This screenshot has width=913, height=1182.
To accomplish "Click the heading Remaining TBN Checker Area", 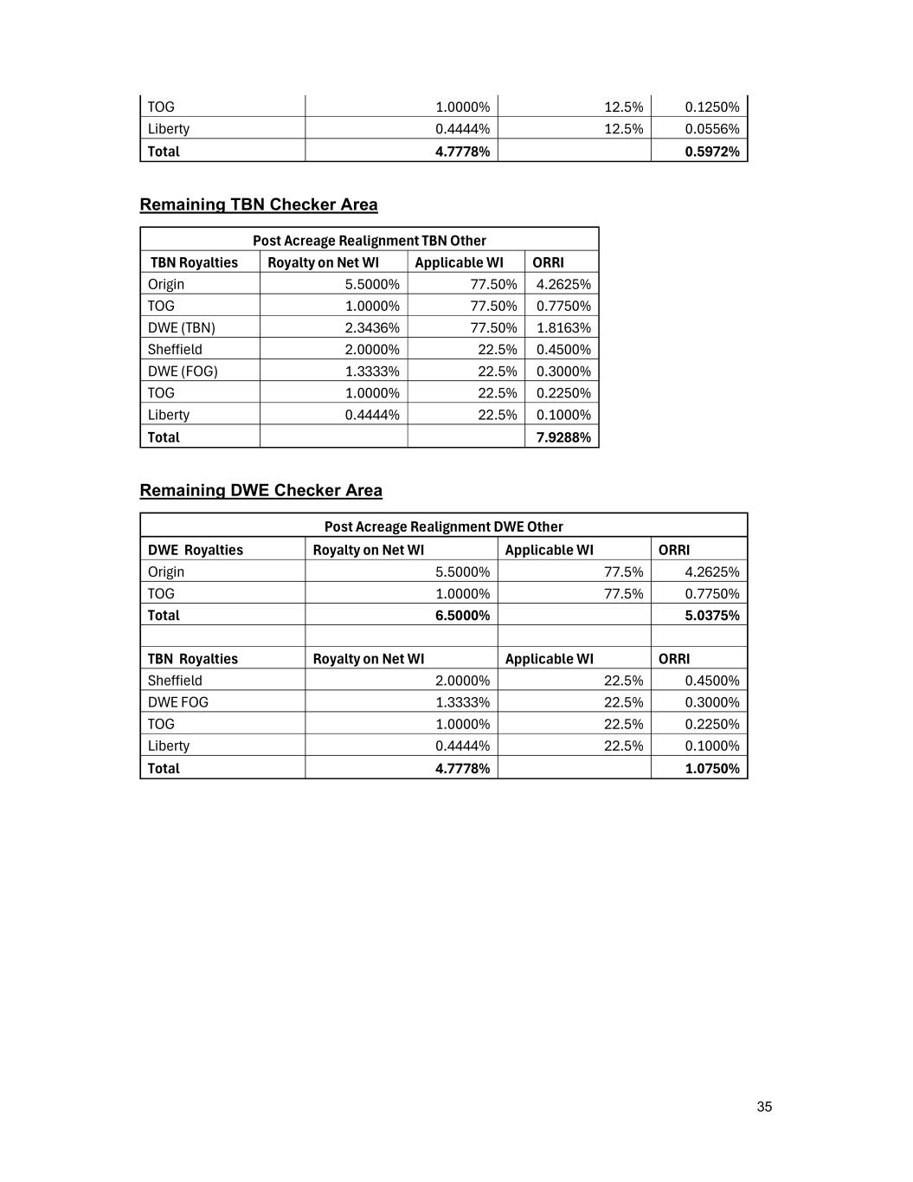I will pyautogui.click(x=259, y=204).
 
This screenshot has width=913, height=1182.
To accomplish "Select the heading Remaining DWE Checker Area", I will pyautogui.click(x=260, y=490).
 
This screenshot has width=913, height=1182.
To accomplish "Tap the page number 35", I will pyautogui.click(x=764, y=1107).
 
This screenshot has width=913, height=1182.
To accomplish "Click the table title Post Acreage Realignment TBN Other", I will pyautogui.click(x=369, y=241).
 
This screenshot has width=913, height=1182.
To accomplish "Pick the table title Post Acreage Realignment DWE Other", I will pyautogui.click(x=443, y=526).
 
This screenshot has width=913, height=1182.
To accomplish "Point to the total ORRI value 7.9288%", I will pyautogui.click(x=563, y=437).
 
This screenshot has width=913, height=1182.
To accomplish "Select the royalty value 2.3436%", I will pyautogui.click(x=372, y=327).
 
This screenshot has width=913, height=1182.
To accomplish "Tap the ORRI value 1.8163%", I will pyautogui.click(x=563, y=327).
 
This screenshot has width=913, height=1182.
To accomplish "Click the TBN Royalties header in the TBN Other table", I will pyautogui.click(x=194, y=262).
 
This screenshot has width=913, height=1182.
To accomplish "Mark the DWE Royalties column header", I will pyautogui.click(x=196, y=550).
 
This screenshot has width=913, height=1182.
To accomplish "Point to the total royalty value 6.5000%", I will pyautogui.click(x=462, y=615).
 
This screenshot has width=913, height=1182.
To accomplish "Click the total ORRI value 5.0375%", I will pyautogui.click(x=711, y=615).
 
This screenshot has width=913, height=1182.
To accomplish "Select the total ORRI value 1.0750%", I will pyautogui.click(x=711, y=768).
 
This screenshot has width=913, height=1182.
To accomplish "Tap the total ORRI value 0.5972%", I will pyautogui.click(x=711, y=152).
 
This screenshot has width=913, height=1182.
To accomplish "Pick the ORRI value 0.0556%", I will pyautogui.click(x=711, y=129).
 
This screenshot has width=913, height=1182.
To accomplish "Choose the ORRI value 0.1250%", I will pyautogui.click(x=711, y=107).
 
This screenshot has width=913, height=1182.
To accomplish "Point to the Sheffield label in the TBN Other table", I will pyautogui.click(x=175, y=349).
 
